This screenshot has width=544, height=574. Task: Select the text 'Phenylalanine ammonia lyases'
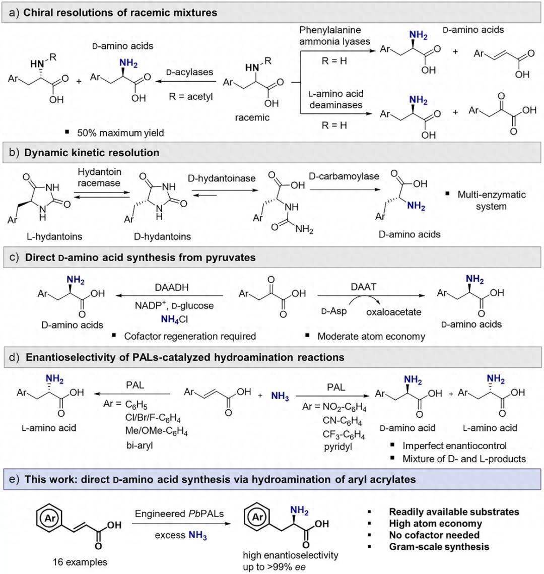330,36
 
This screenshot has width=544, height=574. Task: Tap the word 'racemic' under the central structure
252,117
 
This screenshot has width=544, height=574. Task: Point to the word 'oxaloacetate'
393,312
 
